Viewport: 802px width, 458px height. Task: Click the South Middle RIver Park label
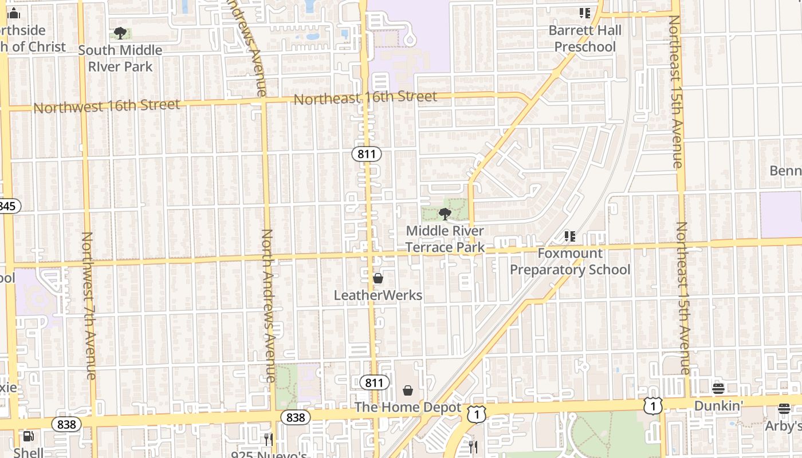coord(120,58)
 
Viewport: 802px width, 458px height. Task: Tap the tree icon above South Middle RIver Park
coord(120,33)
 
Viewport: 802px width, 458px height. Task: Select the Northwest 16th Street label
coord(107,106)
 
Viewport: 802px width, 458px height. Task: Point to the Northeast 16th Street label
coord(365,98)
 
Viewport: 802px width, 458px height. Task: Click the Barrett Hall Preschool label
coord(585,38)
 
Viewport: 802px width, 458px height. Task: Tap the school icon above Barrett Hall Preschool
coord(584,13)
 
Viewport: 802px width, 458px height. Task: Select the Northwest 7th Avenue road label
coord(89,305)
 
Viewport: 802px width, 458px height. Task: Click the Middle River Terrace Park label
coord(445,239)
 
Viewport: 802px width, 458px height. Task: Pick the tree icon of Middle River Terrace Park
coord(445,214)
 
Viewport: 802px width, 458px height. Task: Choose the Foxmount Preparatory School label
coord(570,262)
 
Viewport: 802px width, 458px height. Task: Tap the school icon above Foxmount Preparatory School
coord(569,236)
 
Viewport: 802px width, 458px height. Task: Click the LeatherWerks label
coord(378,295)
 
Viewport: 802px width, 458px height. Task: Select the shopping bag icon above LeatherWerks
coord(378,279)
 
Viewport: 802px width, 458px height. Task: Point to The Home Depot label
coord(408,408)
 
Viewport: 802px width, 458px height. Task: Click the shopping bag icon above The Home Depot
coord(408,390)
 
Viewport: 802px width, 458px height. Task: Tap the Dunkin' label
coord(718,406)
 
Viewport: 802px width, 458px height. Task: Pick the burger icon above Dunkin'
coord(718,389)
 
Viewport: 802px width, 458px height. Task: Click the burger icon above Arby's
coord(784,409)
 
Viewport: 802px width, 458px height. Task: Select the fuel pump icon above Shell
coord(28,437)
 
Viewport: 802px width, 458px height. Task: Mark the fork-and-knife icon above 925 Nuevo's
coord(268,439)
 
